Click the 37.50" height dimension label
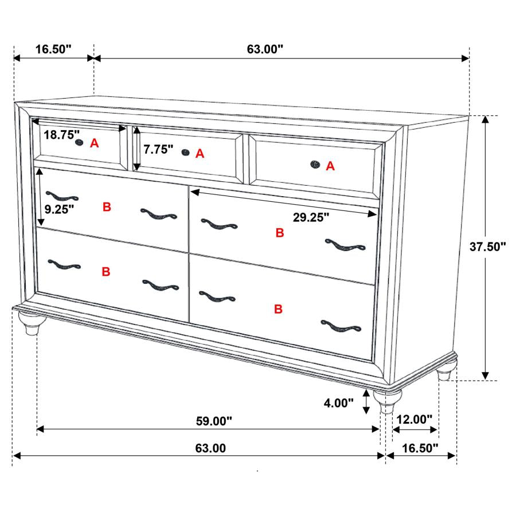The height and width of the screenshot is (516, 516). pos(488,247)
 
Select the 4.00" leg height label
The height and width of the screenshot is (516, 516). pos(339,403)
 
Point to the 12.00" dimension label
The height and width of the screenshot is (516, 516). pos(413,420)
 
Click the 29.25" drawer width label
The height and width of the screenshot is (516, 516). pos(311,217)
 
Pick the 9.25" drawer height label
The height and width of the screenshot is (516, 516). pos(60,209)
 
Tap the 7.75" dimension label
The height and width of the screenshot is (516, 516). pos(158,150)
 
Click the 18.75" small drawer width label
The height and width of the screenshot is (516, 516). pos(62,135)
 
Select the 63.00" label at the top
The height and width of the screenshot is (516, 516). pos(265,49)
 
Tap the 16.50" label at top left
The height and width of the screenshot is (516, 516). pos(53,49)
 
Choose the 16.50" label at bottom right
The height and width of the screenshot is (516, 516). pos(419,448)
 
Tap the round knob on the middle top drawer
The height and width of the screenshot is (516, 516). pos(185,152)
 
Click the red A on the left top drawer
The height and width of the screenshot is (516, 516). pos(95,144)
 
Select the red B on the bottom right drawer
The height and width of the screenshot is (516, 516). pos(278,310)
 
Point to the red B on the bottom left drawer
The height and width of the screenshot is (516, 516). pos(106,272)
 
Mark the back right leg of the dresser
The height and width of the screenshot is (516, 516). pos(445,373)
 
